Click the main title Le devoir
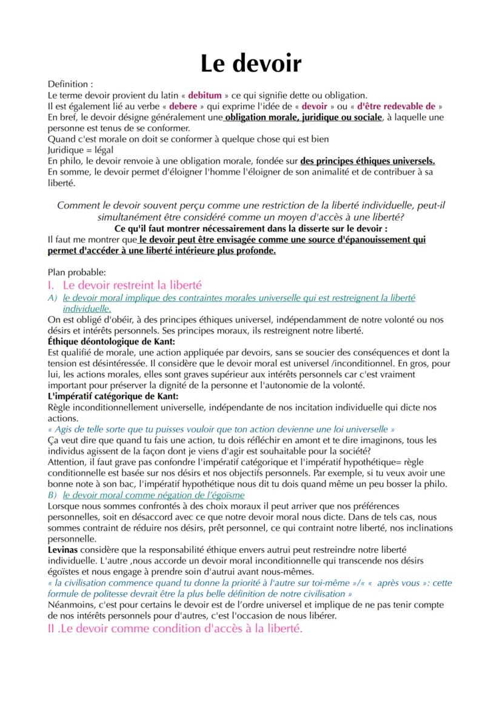(251, 62)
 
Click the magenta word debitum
(204, 95)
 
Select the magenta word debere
(183, 106)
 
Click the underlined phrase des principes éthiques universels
(367, 161)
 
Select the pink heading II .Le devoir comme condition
(174, 629)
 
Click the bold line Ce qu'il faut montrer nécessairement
(250, 229)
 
